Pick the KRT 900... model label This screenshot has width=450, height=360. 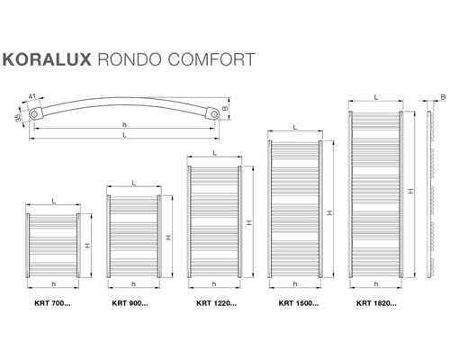coord(130,302)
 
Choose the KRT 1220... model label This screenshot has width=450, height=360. coord(216,302)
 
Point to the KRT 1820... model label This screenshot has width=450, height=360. coord(375,302)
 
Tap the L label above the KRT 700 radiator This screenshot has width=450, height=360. coord(54,201)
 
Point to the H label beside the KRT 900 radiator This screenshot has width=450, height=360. coord(168,237)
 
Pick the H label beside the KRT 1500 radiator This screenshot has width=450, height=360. coord(329,213)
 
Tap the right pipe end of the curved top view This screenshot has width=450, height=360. coord(213,114)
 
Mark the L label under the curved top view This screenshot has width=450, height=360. coord(124,135)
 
